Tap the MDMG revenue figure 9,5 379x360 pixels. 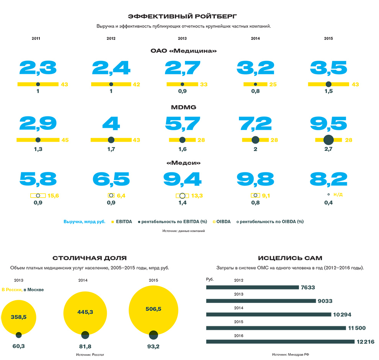328,124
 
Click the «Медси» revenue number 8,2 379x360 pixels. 328,179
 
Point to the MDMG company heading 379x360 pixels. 183,107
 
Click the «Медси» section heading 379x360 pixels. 184,163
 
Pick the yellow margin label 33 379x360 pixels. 204,84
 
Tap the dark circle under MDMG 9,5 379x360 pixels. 328,140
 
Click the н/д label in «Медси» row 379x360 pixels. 338,195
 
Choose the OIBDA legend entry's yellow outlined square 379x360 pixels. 214,221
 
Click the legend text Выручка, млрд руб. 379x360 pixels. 85,221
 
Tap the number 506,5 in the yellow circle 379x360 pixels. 154,309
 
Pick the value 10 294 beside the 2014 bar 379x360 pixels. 342,315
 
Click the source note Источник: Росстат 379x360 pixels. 90,355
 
